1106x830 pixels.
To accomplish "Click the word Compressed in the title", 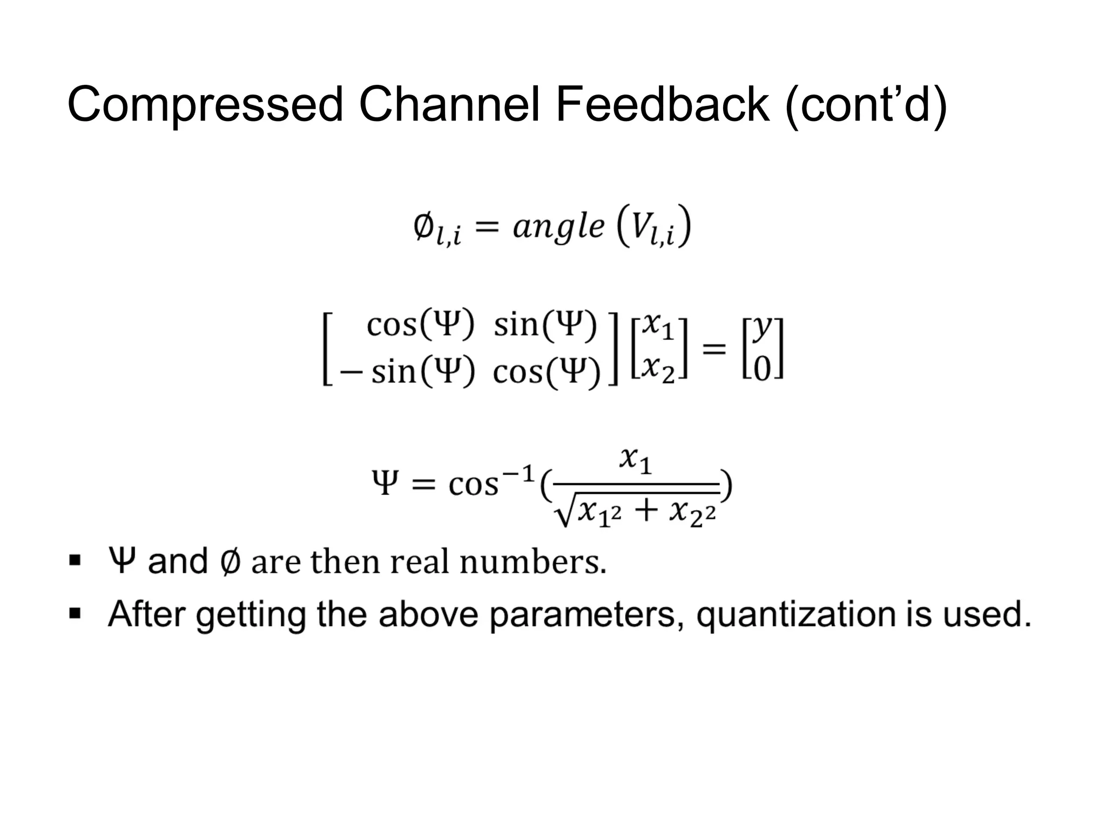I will pyautogui.click(x=205, y=105).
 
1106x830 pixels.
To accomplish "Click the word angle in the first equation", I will pyautogui.click(x=558, y=227).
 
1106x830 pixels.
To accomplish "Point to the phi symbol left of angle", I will pyautogui.click(x=424, y=227).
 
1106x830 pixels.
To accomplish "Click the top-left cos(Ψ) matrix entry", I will pyautogui.click(x=420, y=325).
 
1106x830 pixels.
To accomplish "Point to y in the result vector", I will pyautogui.click(x=761, y=326).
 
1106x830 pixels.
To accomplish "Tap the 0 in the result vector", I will pyautogui.click(x=761, y=371).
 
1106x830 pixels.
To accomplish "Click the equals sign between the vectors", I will pyautogui.click(x=714, y=349).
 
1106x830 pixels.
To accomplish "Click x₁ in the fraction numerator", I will pyautogui.click(x=636, y=461).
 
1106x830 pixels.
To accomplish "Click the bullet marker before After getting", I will pyautogui.click(x=75, y=614).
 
